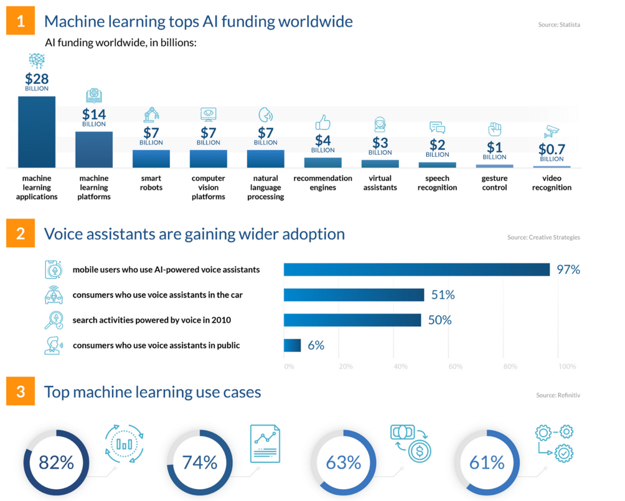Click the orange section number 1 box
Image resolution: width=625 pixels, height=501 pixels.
[21, 21]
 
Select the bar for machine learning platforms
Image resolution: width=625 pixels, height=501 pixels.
[93, 149]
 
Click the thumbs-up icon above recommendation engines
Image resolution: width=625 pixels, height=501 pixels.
[322, 122]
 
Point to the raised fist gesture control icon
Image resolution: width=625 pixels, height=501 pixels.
[494, 129]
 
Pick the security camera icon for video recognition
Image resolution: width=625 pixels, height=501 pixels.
[552, 132]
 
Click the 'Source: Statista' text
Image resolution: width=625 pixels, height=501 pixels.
[559, 25]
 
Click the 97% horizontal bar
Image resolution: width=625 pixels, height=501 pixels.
[416, 269]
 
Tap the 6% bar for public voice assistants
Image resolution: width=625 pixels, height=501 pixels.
[293, 345]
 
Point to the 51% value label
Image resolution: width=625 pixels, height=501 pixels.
[443, 295]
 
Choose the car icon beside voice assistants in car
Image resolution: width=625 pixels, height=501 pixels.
[54, 295]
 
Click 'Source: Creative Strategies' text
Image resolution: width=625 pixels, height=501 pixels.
[543, 238]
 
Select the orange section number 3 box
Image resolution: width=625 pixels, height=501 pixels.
[21, 392]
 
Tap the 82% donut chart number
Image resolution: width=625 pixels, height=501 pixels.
[56, 462]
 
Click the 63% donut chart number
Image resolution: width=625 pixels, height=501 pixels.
[343, 462]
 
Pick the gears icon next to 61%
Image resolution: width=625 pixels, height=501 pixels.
[555, 442]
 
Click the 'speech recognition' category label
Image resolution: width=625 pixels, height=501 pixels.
[437, 183]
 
